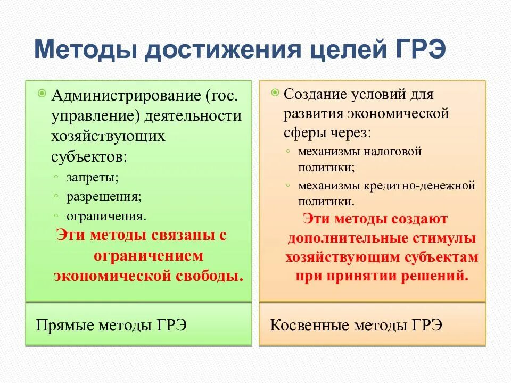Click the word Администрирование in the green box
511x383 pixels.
[125, 96]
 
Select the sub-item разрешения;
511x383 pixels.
[104, 197]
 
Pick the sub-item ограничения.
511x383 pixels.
[106, 217]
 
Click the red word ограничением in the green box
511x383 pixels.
[149, 256]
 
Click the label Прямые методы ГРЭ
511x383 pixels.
[111, 325]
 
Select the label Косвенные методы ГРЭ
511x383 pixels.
[356, 325]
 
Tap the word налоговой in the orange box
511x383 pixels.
[393, 152]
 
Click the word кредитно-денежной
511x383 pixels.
[419, 186]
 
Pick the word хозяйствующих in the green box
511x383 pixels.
[108, 136]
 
